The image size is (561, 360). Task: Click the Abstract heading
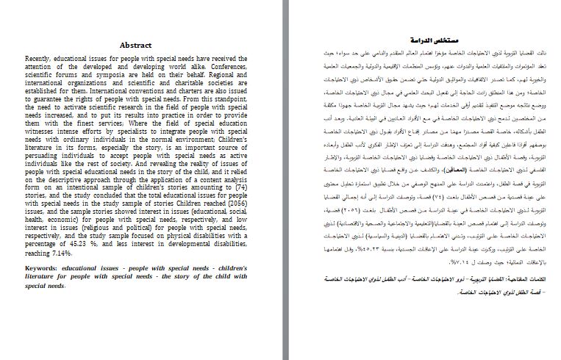tap(135, 44)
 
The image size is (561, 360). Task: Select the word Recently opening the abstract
tap(40, 57)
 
